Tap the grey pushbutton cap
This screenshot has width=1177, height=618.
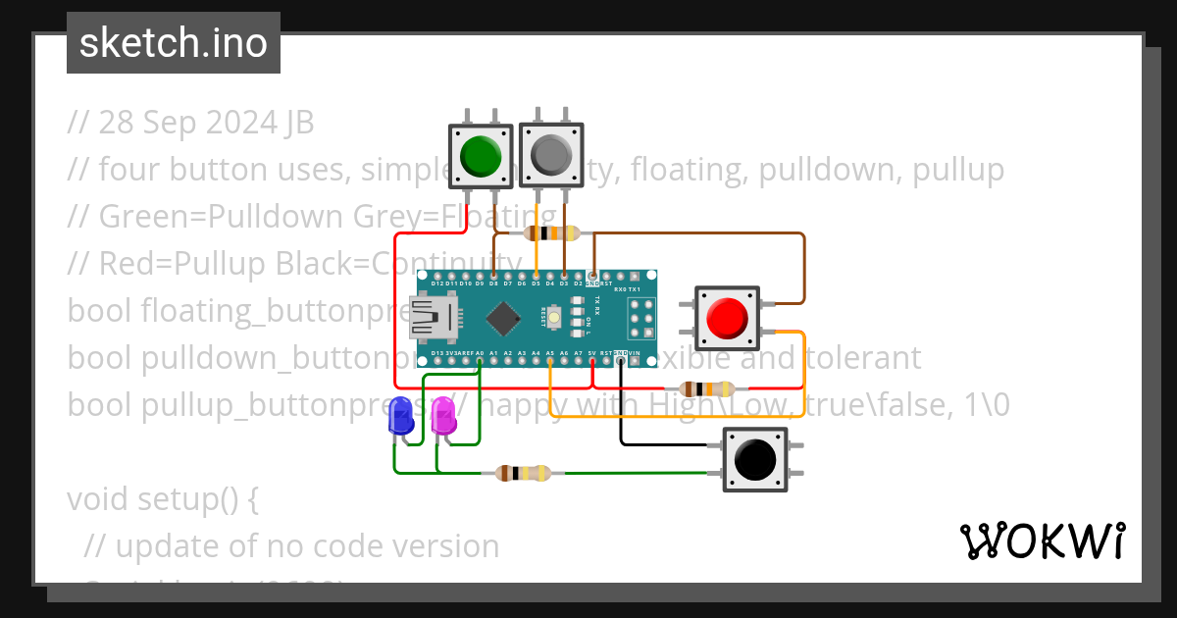[551, 155]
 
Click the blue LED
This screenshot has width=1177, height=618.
[401, 416]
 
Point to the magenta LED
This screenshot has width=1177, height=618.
[443, 416]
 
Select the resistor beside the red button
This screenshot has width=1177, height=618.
[706, 388]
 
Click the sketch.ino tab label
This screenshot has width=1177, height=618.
[174, 43]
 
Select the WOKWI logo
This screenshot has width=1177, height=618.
[1042, 541]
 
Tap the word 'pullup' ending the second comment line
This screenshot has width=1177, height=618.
[958, 170]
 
